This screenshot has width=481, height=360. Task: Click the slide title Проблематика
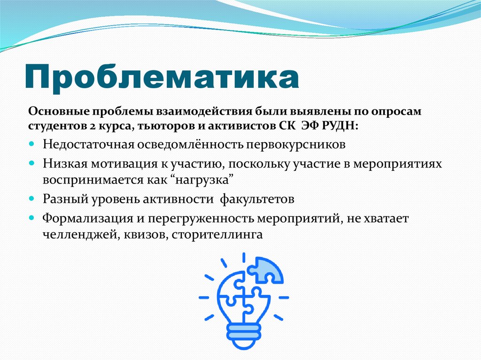click(x=162, y=76)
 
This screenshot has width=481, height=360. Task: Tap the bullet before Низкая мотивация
click(x=31, y=162)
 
